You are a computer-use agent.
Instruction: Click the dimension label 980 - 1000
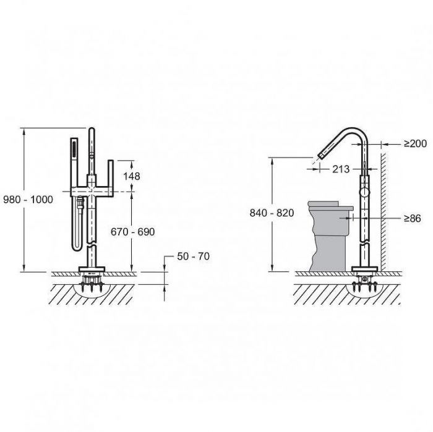[x=28, y=199]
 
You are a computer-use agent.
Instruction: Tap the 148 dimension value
[x=131, y=176]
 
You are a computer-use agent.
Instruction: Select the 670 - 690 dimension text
[x=132, y=232]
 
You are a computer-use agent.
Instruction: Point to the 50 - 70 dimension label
[x=193, y=256]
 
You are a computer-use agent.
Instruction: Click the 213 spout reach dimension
[x=341, y=169]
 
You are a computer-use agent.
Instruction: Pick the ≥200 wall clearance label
[x=415, y=143]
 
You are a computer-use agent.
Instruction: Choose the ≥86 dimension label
[x=413, y=218]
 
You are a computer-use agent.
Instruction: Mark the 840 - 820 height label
[x=272, y=213]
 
